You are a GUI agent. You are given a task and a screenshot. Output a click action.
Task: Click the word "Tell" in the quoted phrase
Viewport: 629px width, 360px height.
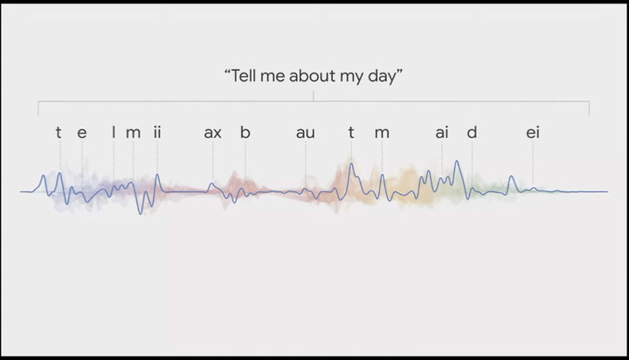click(244, 75)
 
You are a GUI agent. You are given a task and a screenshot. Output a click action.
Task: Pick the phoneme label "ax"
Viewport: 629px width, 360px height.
click(212, 133)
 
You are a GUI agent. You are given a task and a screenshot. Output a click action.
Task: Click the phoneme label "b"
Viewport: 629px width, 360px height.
click(245, 132)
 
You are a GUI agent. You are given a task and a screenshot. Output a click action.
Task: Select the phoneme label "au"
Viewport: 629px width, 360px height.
click(306, 133)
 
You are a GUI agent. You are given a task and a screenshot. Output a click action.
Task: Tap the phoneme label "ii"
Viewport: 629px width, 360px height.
click(157, 132)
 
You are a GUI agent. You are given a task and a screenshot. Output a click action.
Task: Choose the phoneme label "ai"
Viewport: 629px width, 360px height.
click(442, 132)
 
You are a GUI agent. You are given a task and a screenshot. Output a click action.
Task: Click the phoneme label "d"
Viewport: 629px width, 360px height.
click(472, 132)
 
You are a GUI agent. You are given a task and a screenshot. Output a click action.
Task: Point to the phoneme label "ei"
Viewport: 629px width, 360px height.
click(533, 132)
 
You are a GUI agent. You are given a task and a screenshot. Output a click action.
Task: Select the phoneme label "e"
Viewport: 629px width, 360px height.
click(82, 133)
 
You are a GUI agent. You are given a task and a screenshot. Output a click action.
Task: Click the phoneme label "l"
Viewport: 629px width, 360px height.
click(114, 132)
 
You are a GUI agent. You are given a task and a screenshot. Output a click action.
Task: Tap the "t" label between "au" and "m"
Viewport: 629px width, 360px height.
click(351, 132)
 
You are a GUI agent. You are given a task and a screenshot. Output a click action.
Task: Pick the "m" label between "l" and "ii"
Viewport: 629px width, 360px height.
click(133, 133)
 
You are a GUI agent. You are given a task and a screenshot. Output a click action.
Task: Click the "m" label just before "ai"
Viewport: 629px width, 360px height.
click(382, 133)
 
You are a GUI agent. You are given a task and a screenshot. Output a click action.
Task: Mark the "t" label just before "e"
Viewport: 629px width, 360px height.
click(59, 132)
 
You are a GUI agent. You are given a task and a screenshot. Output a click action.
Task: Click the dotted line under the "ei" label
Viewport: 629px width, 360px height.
click(533, 163)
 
